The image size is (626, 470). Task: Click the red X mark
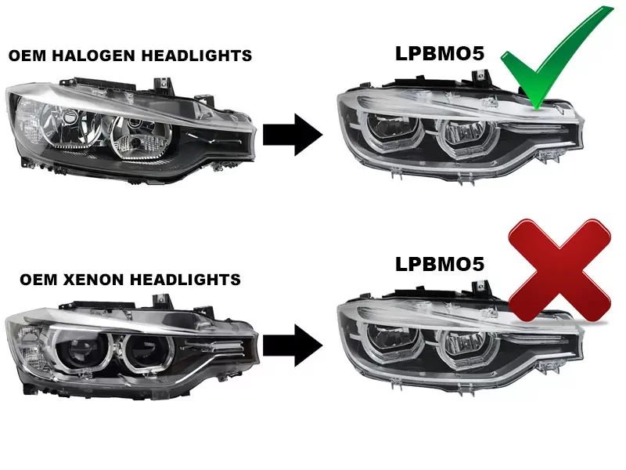click(x=559, y=270)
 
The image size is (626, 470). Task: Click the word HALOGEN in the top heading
click(x=88, y=56)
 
